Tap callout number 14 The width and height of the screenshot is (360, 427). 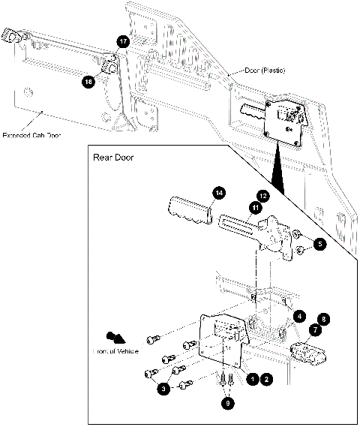(218, 193)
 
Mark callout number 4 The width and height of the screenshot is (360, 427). (298, 317)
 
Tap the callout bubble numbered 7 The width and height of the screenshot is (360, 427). (315, 330)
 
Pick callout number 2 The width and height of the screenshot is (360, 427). (267, 380)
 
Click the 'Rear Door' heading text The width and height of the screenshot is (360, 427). (115, 158)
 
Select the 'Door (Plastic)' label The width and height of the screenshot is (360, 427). (265, 70)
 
